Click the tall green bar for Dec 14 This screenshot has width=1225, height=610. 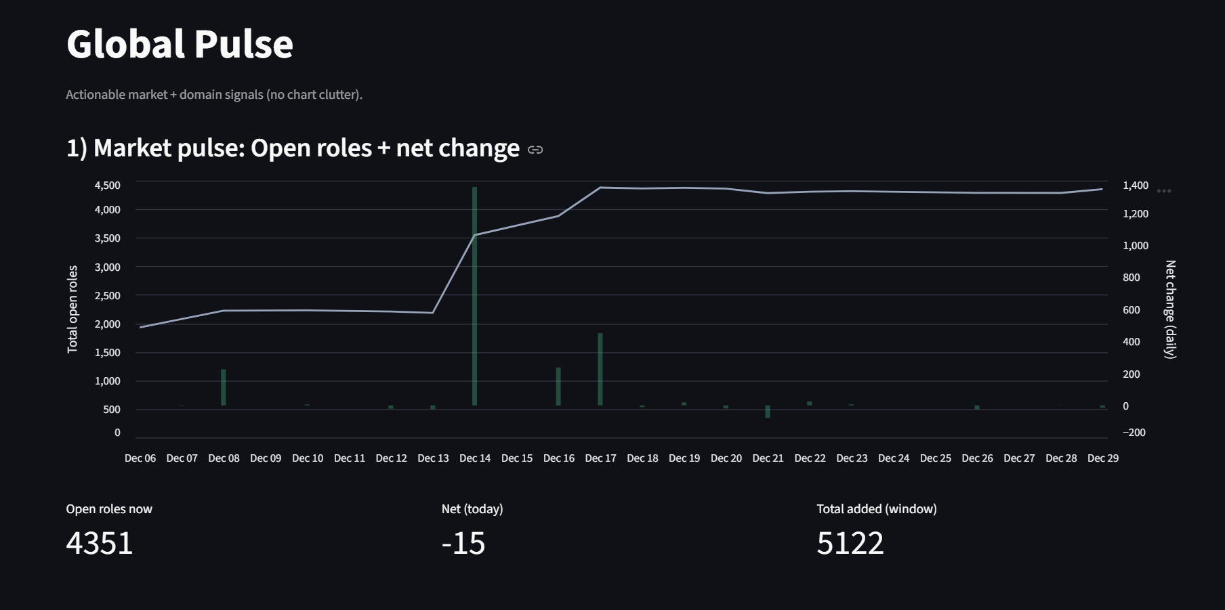[x=474, y=296]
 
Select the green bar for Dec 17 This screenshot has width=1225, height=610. [x=600, y=369]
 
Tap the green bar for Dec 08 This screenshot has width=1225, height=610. [x=224, y=387]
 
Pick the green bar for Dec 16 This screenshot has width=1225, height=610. [x=558, y=387]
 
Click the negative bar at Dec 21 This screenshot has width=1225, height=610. [x=768, y=412]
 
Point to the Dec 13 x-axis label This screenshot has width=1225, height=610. [x=433, y=458]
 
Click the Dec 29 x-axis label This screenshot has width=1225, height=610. [x=1102, y=458]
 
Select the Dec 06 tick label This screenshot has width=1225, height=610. [x=140, y=458]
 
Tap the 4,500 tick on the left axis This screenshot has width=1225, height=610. [x=108, y=186]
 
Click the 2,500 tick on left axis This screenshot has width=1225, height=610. [x=108, y=296]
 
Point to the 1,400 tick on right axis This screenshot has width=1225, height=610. [x=1135, y=186]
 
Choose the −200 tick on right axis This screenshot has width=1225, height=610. [x=1134, y=433]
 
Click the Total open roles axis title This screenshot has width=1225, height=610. [x=72, y=309]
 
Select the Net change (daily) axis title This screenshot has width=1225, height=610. [x=1170, y=309]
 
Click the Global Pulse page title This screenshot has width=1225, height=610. [x=180, y=44]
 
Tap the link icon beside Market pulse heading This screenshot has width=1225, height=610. [x=535, y=150]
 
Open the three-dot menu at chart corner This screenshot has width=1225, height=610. [x=1163, y=191]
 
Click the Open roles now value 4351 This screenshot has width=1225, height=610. [x=100, y=543]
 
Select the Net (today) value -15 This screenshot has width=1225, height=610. [x=463, y=543]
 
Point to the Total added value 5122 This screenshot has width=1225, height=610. [x=850, y=543]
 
